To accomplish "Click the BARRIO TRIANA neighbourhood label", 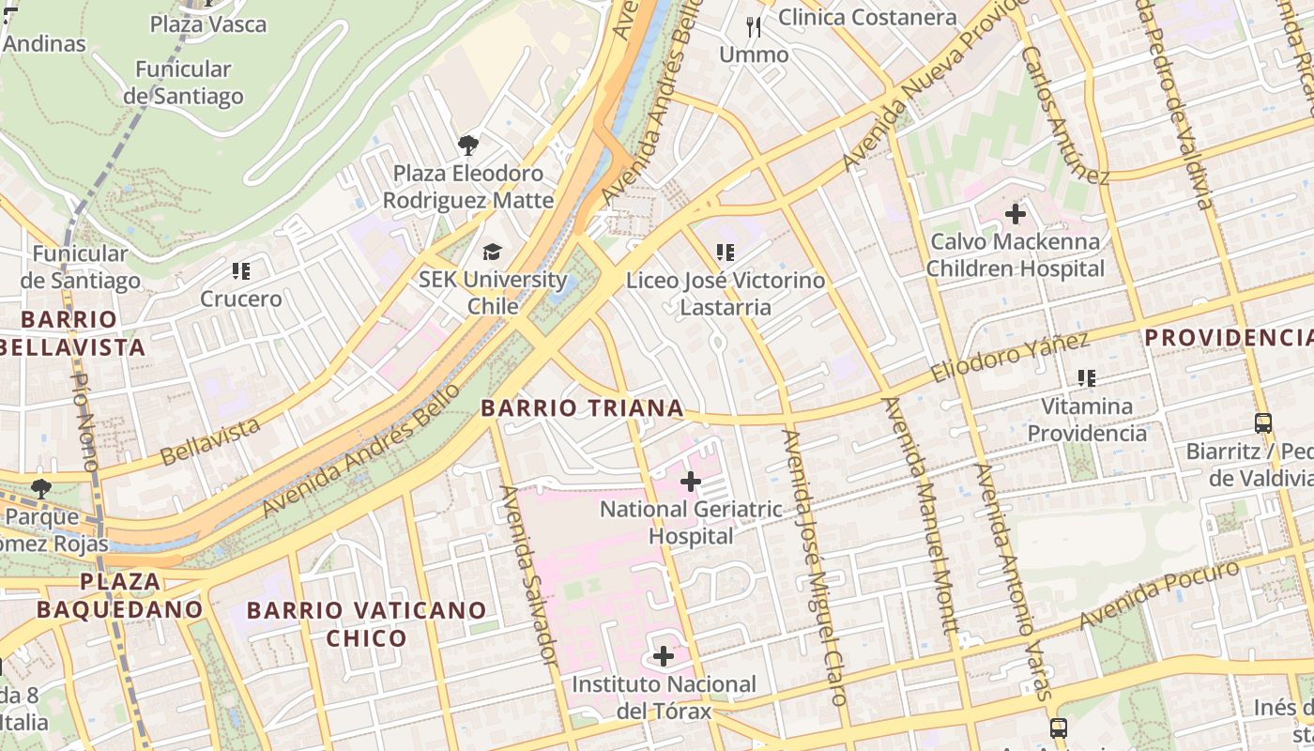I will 582,408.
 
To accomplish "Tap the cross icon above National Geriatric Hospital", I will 691,483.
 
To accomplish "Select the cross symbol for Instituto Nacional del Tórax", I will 664,656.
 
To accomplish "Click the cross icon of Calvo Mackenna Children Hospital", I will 1015,214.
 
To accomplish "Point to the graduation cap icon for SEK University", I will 492,252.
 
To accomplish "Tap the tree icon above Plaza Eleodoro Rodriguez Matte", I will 467,145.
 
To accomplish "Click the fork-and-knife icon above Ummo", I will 754,26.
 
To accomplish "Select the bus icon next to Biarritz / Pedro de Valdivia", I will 1263,423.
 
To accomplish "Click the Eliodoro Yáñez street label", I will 1010,358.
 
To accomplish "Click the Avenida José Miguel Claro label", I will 815,567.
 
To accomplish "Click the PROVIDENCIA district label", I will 1228,337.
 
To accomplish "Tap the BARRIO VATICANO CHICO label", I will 366,624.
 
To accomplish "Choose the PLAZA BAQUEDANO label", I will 119,595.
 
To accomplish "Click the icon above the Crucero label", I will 241,272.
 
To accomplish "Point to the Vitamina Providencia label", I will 1087,420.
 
